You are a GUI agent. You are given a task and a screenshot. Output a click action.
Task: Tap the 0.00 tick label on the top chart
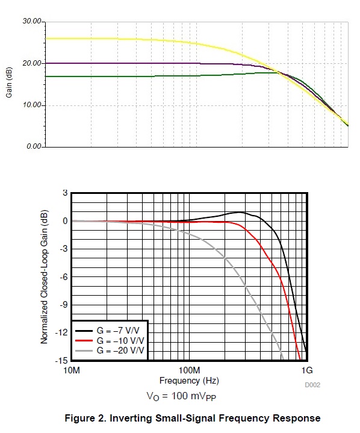(x=33, y=147)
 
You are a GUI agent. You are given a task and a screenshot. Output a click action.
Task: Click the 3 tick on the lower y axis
(x=65, y=193)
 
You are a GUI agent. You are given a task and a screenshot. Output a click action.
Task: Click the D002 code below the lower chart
(x=312, y=384)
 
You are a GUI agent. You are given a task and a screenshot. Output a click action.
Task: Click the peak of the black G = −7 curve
(x=240, y=212)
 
